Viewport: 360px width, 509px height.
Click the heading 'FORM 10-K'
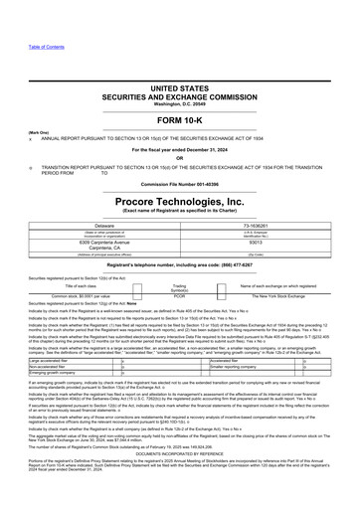pos(179,122)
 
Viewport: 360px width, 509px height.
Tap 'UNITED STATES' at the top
pos(180,88)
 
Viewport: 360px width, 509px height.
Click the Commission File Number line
pos(180,185)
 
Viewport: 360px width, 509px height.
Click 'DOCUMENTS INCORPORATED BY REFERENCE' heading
pos(180,460)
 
